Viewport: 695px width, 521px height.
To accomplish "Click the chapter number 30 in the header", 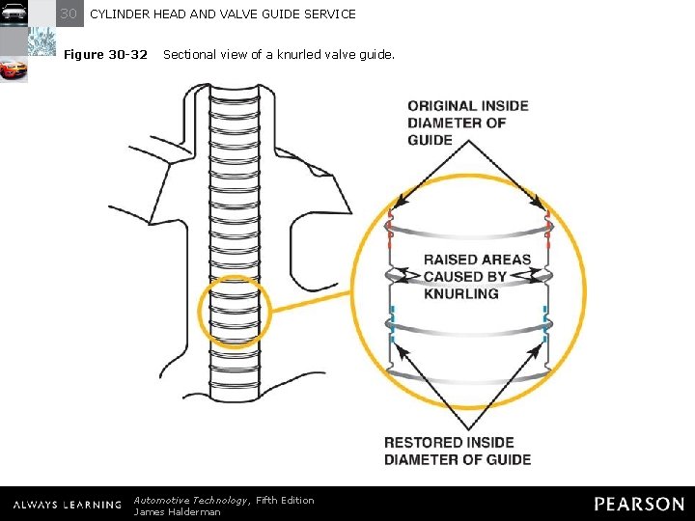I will [x=68, y=14].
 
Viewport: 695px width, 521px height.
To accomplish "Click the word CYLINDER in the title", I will [x=119, y=14].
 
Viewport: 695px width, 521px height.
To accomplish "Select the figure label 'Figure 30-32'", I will [x=105, y=54].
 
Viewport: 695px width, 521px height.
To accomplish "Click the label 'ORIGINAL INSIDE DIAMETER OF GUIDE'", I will [x=468, y=123].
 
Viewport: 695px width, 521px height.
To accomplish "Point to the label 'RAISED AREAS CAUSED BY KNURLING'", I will [x=477, y=276].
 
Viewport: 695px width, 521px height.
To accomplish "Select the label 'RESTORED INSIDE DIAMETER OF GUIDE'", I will [x=458, y=451].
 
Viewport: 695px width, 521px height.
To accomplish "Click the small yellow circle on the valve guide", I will [x=235, y=312].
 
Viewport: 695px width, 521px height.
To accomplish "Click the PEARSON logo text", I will [x=638, y=504].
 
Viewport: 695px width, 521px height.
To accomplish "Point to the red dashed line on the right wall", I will [x=548, y=232].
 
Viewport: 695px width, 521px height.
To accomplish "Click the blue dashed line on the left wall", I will [x=390, y=324].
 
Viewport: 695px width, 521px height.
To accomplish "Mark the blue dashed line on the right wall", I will [x=546, y=323].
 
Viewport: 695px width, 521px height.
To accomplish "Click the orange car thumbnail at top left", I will [x=14, y=69].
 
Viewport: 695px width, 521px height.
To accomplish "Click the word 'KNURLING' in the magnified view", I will [x=461, y=293].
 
